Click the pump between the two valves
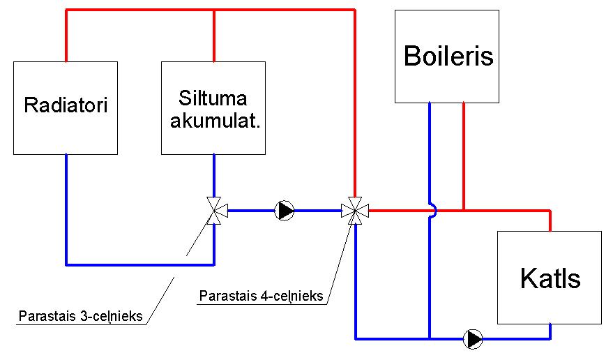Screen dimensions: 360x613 (x=285, y=210)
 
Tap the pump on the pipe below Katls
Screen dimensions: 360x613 (x=474, y=339)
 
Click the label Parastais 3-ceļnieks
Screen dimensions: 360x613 (x=80, y=316)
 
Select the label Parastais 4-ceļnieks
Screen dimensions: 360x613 (x=261, y=296)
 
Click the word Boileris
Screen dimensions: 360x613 (x=448, y=56)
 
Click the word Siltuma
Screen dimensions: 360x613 (x=213, y=98)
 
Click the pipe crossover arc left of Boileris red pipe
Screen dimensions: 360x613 (x=432, y=209)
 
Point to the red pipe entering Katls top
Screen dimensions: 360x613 (x=550, y=220)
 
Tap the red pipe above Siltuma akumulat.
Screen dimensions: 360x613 (x=213, y=35)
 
